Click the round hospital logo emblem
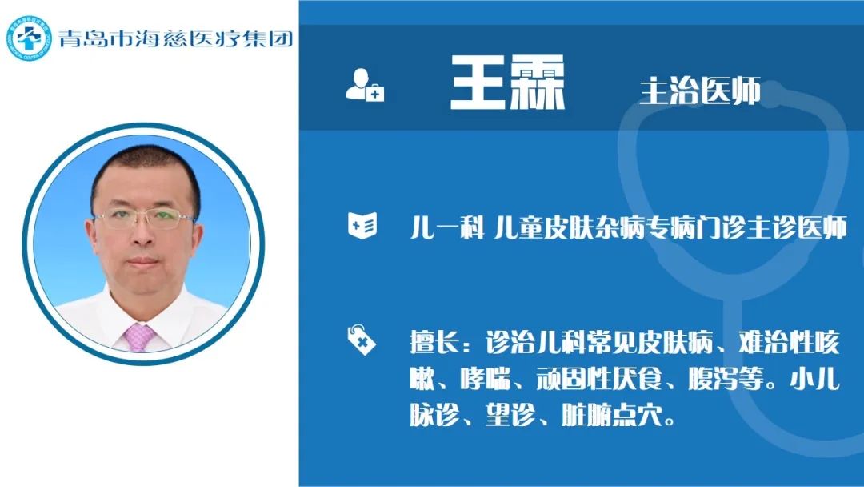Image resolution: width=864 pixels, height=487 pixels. click(x=29, y=38)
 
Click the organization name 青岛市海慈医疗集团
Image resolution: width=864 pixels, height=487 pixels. click(x=176, y=38)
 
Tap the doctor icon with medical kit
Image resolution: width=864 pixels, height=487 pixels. click(x=364, y=85)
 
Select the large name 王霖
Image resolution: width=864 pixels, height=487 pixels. click(x=507, y=83)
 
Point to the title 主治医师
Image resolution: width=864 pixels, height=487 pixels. click(x=700, y=91)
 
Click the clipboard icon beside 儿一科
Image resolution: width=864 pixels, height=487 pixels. click(x=362, y=226)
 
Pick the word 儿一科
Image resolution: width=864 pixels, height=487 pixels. click(x=447, y=227)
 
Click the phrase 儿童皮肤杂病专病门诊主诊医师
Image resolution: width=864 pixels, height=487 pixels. click(x=670, y=227)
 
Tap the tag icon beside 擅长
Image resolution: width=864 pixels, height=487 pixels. click(x=362, y=339)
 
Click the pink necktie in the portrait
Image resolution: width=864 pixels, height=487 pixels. click(x=138, y=337)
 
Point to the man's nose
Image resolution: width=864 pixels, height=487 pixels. click(x=144, y=235)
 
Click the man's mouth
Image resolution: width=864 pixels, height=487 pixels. click(x=143, y=261)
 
